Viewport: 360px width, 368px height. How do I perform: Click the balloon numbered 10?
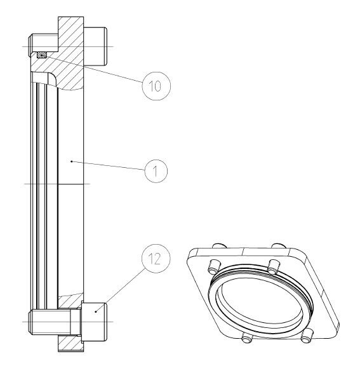click(x=156, y=86)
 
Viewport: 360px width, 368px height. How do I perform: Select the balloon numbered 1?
click(x=156, y=171)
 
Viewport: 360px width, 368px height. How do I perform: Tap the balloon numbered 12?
click(x=156, y=259)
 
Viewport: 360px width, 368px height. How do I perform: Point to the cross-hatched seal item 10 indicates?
click(x=42, y=55)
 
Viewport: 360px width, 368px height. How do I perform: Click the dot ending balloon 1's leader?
click(x=72, y=161)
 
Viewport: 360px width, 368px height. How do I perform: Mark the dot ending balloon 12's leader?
click(x=96, y=311)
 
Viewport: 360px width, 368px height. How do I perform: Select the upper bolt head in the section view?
click(x=95, y=46)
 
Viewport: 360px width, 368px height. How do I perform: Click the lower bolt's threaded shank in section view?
click(x=55, y=322)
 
